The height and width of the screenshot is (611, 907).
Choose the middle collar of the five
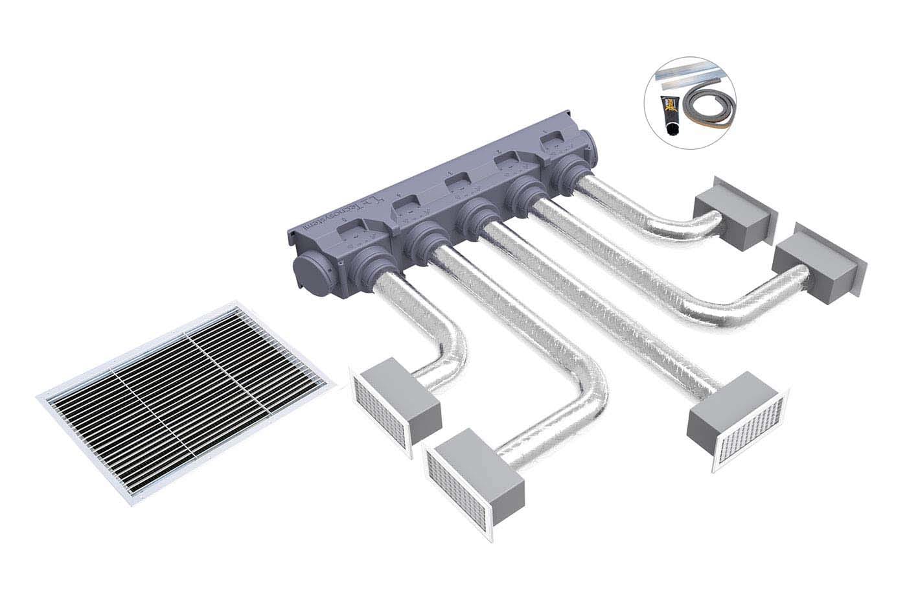point(478,218)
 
